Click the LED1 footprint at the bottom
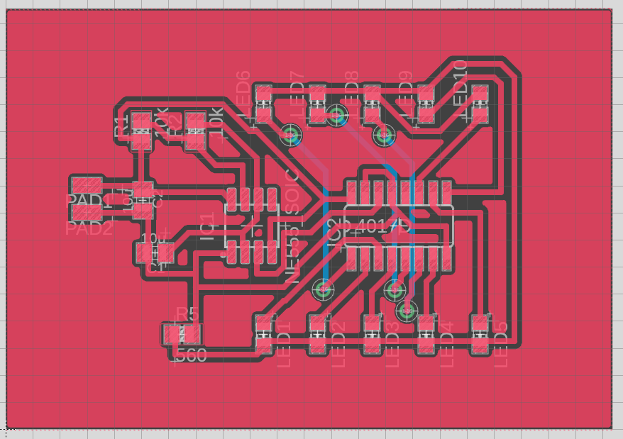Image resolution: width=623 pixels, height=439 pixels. click(264, 335)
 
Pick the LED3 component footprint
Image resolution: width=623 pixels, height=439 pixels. click(372, 335)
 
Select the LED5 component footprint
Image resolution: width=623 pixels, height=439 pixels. click(480, 335)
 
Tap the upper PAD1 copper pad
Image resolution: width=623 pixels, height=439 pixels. click(87, 186)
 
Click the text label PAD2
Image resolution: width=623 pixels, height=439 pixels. click(89, 228)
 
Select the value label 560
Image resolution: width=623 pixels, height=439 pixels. click(190, 355)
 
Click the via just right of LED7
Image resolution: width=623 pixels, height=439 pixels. click(337, 115)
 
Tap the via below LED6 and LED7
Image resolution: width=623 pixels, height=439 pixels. click(291, 134)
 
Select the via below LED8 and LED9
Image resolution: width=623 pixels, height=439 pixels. click(385, 134)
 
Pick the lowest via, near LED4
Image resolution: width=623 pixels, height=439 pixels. click(407, 311)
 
